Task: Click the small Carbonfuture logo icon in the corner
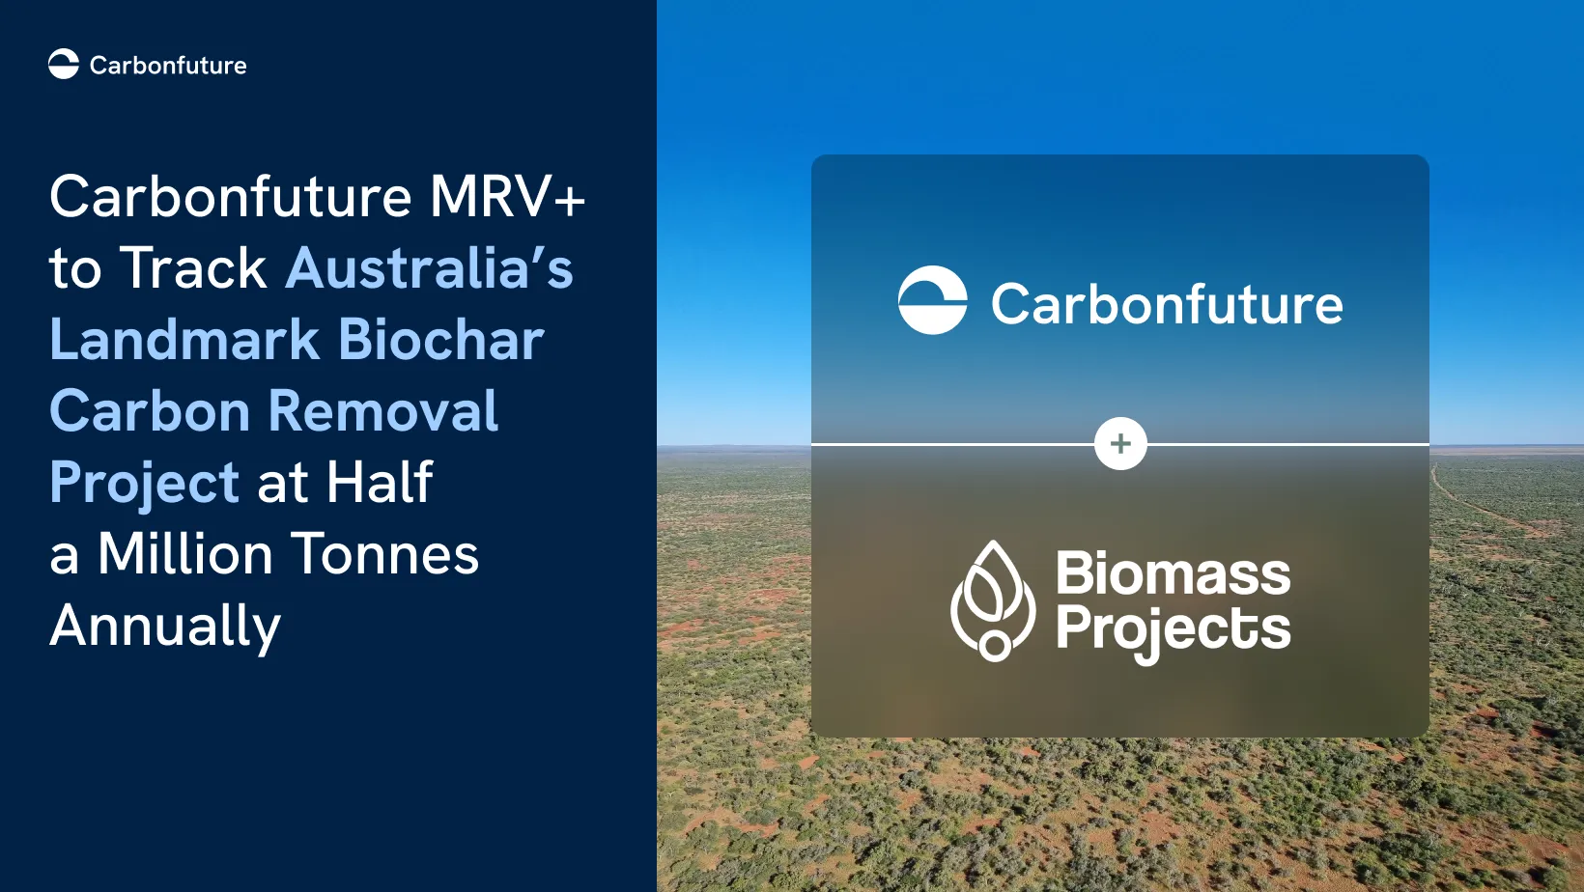tap(64, 65)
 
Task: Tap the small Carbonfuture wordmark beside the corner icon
tap(168, 66)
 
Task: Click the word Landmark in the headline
tap(184, 339)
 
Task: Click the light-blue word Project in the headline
tap(144, 485)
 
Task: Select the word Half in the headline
tap(380, 482)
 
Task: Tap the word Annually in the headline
tap(165, 627)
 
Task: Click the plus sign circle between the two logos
tap(1120, 444)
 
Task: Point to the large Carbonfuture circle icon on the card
tap(933, 299)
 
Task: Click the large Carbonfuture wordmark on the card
tap(1167, 304)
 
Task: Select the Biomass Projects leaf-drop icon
tap(993, 600)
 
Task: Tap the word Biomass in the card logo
tap(1174, 572)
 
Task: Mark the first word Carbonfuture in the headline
tap(231, 196)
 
